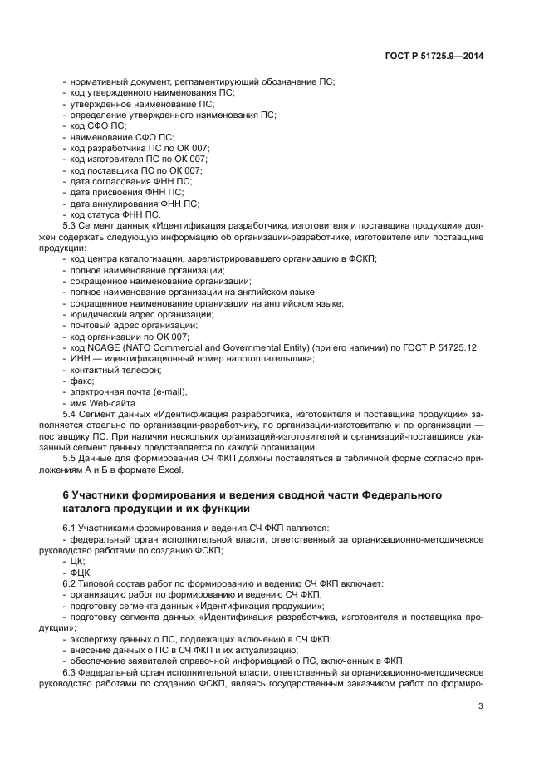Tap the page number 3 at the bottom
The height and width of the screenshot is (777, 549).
(481, 706)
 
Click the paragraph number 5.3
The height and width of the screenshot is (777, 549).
(71, 225)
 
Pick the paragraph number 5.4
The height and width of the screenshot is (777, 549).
(71, 413)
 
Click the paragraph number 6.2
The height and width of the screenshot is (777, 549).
(71, 584)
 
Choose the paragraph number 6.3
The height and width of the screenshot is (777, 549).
(71, 671)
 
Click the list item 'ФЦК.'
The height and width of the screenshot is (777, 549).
(81, 573)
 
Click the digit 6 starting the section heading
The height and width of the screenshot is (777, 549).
(66, 495)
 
